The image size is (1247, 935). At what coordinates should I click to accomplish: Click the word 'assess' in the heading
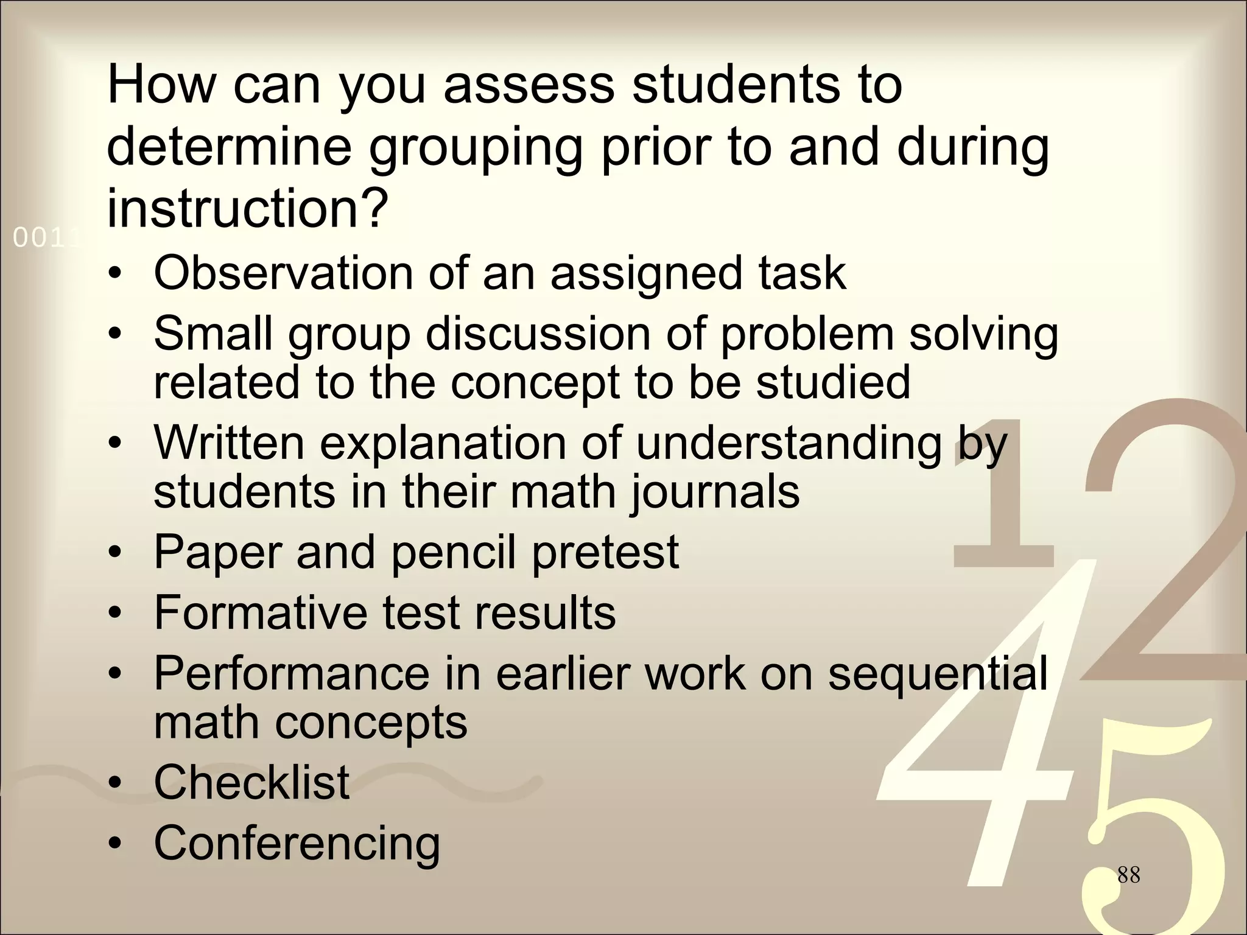(x=529, y=86)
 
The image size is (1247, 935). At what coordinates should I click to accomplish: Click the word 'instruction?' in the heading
(x=247, y=209)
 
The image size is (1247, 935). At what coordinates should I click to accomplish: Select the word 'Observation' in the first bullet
(x=283, y=273)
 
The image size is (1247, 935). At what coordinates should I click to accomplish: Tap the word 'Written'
(x=229, y=443)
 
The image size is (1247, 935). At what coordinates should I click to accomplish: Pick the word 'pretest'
(x=605, y=552)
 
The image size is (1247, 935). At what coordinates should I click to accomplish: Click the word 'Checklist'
(x=251, y=782)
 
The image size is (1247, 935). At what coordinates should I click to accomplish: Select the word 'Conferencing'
(x=297, y=843)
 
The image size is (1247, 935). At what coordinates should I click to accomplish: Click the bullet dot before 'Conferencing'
(x=114, y=844)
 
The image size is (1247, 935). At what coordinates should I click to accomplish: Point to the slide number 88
(x=1128, y=875)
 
